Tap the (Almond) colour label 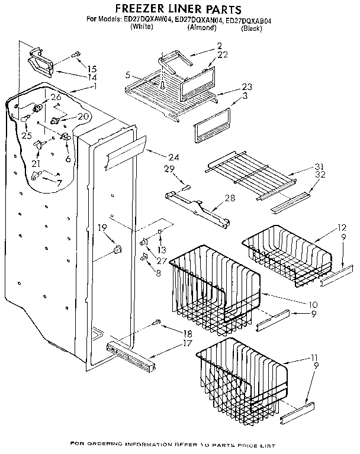(x=201, y=28)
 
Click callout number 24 (x=173, y=157)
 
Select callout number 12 (x=342, y=227)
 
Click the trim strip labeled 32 (x=290, y=201)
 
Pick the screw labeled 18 (x=157, y=323)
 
